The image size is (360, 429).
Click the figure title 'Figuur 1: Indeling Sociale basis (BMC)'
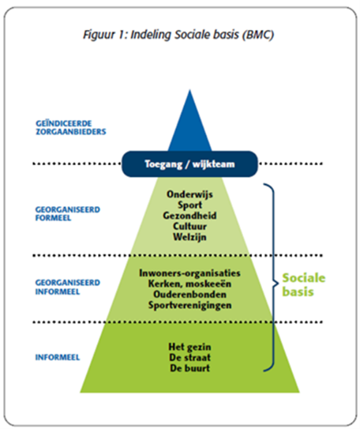178,35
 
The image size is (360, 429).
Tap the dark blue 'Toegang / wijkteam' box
189,164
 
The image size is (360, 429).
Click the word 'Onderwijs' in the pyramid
189,194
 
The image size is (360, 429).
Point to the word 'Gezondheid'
189,216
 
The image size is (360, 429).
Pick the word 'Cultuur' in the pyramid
189,226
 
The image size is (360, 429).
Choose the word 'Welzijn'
189,237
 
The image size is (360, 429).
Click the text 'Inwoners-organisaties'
189,273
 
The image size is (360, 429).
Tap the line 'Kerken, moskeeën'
189,284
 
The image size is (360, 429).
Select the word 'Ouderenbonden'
189,295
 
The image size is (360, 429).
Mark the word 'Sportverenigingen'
189,305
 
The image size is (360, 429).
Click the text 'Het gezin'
189,347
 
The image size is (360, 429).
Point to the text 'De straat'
189,358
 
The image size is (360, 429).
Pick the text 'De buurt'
189,368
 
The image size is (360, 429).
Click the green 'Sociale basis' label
303,284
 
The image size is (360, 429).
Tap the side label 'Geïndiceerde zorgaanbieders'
71,127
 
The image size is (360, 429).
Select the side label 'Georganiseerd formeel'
68,213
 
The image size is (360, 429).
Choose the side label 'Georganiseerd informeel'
68,287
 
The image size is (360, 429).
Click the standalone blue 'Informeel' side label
58,357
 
